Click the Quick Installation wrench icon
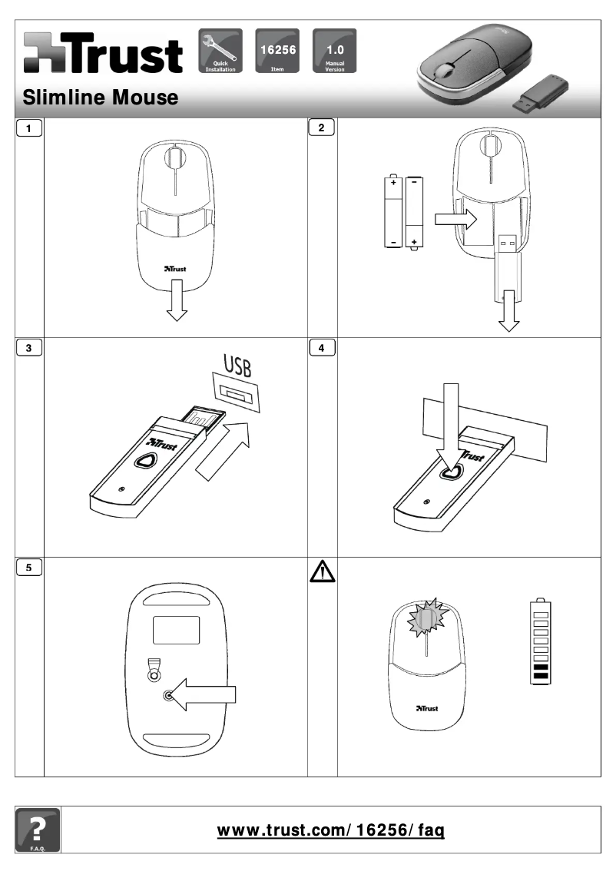(x=220, y=51)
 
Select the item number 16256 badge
(x=277, y=51)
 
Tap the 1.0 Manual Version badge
(x=335, y=51)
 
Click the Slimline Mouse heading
(x=101, y=98)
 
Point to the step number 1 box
(x=29, y=128)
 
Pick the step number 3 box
(x=29, y=348)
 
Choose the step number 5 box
(x=29, y=568)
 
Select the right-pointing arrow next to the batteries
(x=455, y=220)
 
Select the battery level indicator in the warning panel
(x=540, y=643)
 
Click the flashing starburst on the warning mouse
(x=426, y=618)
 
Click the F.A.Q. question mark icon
(x=37, y=830)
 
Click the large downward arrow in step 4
(x=452, y=430)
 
